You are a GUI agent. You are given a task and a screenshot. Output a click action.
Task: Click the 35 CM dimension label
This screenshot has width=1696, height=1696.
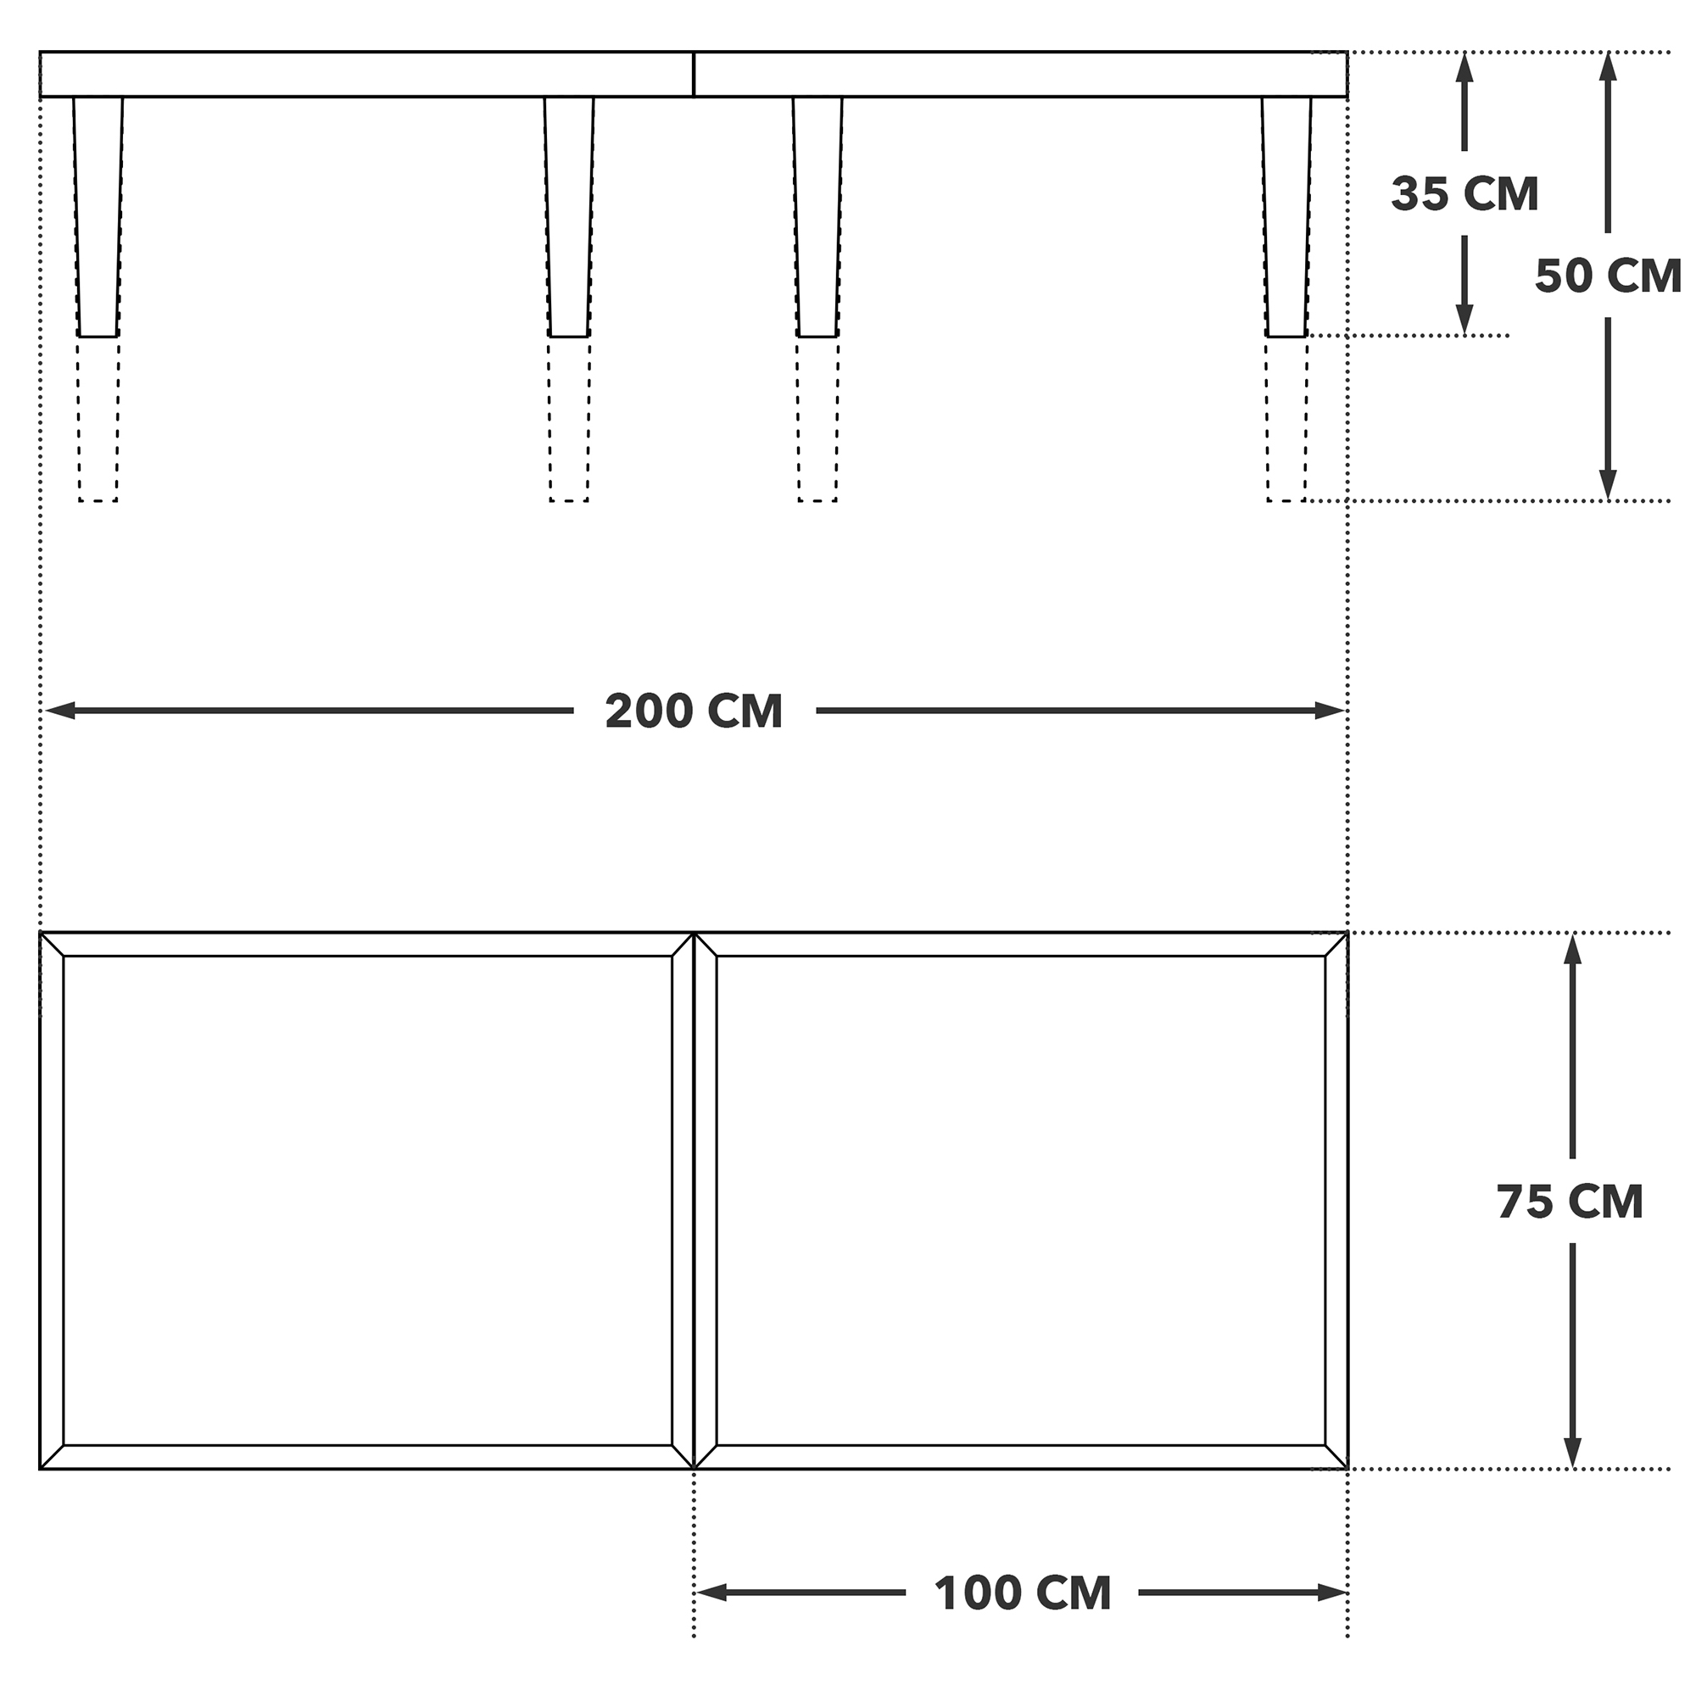coord(1464,194)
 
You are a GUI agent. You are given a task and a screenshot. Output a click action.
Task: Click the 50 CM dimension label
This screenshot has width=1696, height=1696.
coord(1607,276)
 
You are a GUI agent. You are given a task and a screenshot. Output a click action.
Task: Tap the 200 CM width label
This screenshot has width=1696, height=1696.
coord(694,711)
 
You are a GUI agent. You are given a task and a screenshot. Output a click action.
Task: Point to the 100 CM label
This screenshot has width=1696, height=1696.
coord(1023,1593)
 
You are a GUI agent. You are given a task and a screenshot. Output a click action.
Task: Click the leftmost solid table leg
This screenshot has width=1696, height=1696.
coord(98,217)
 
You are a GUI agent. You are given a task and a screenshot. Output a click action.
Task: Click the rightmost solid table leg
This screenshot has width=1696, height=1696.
coord(1287,217)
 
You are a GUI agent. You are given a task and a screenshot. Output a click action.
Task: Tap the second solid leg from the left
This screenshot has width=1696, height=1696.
coord(569,217)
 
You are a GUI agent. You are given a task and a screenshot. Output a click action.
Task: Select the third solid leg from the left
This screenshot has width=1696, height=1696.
coord(817,217)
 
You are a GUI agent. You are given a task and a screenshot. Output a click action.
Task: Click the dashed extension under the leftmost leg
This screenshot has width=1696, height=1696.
coord(98,419)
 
